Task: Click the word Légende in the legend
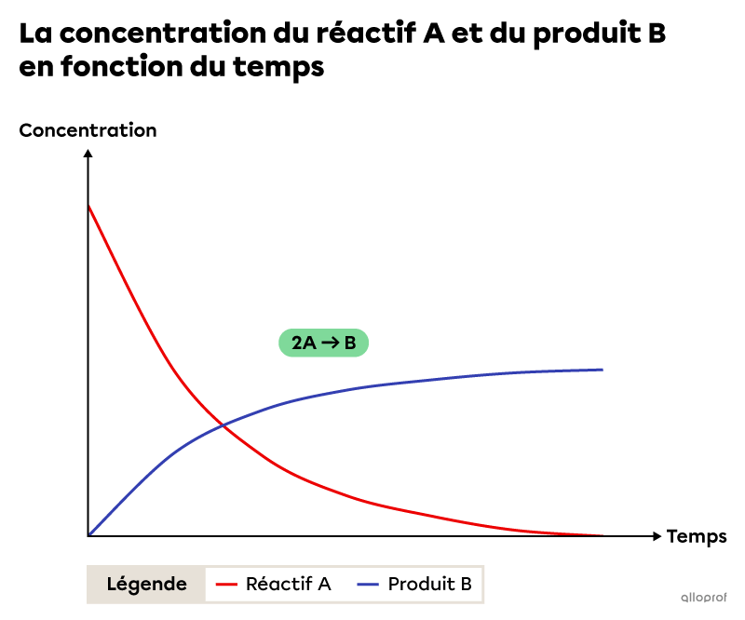pos(146,585)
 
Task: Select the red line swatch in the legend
pos(227,585)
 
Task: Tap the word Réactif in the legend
pos(278,585)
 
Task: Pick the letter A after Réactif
pos(324,585)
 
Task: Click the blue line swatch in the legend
pos(369,585)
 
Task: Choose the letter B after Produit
pos(466,585)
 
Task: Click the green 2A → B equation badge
pos(323,344)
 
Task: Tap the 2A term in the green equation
pos(304,344)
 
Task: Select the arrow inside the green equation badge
pos(331,344)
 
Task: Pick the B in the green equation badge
pos(350,344)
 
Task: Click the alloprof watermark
pos(703,598)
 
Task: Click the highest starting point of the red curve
pos(89,207)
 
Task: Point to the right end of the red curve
pos(603,535)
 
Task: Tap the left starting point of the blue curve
pos(90,533)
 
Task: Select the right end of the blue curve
pos(603,370)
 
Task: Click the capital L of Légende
pos(112,585)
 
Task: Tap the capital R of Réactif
pos(251,585)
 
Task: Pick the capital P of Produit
pos(394,585)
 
